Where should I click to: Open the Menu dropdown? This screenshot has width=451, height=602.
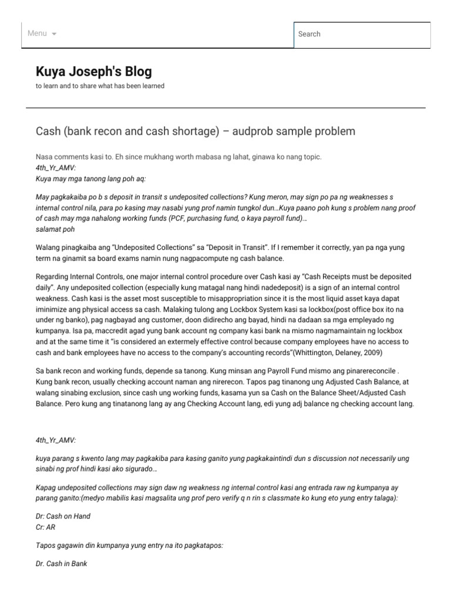pyautogui.click(x=42, y=34)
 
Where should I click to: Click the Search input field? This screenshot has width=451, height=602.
pyautogui.click(x=362, y=34)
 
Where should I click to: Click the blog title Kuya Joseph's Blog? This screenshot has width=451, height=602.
pyautogui.click(x=94, y=72)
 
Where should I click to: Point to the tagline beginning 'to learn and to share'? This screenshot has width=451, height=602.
pyautogui.click(x=100, y=86)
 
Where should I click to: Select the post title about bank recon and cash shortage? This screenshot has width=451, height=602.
pyautogui.click(x=196, y=131)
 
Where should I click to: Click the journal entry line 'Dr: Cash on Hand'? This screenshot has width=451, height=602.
pyautogui.click(x=63, y=516)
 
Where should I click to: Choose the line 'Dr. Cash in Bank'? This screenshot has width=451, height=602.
pyautogui.click(x=61, y=564)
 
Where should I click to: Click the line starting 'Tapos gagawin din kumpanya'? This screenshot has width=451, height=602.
pyautogui.click(x=129, y=546)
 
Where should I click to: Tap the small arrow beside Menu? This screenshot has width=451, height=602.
pyautogui.click(x=55, y=34)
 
